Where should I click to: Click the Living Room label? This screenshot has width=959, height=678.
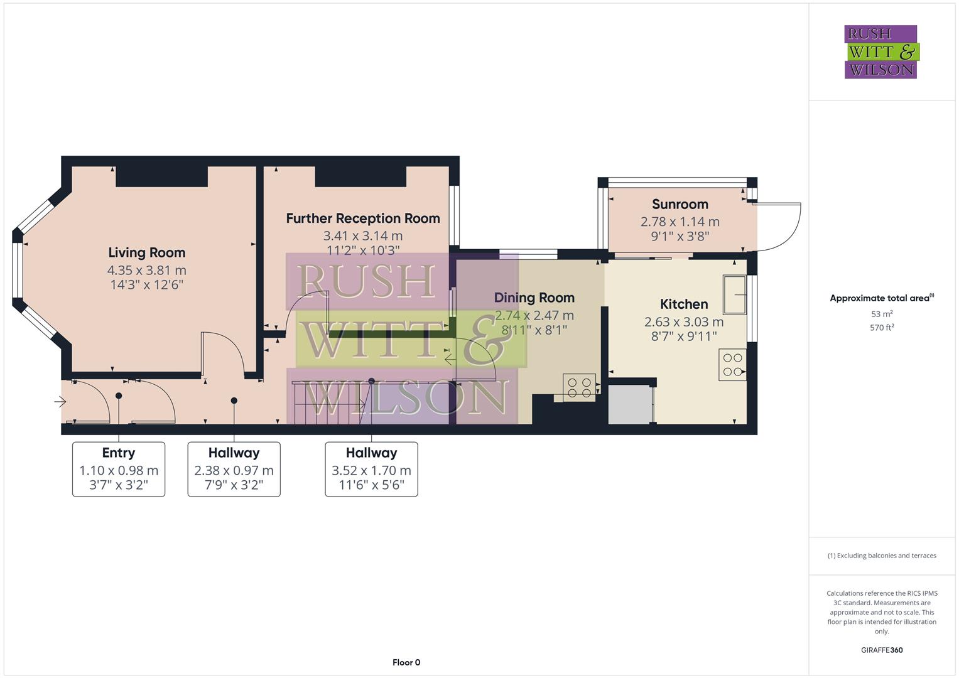tap(146, 253)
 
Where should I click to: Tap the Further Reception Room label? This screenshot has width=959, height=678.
tap(362, 218)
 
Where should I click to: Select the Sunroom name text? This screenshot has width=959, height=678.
tap(680, 204)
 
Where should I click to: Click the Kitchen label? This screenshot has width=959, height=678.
tap(683, 304)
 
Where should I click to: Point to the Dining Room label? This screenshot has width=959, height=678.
tap(534, 298)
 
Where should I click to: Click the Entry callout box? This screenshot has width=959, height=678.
tap(119, 469)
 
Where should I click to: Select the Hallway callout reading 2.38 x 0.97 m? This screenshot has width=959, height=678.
tap(234, 469)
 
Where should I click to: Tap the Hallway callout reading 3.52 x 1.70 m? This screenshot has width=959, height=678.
tap(371, 469)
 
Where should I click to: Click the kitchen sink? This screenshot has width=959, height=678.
tap(734, 294)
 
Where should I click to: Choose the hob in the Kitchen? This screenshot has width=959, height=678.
tap(732, 365)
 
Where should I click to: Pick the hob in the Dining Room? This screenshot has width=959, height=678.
tap(579, 387)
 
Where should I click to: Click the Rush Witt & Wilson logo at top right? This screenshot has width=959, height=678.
tap(881, 52)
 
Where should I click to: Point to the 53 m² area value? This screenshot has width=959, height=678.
tap(882, 314)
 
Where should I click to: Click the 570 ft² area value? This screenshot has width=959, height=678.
tap(882, 328)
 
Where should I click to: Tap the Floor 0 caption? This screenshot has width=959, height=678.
tap(406, 662)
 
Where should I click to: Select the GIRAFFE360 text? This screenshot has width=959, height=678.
tap(882, 650)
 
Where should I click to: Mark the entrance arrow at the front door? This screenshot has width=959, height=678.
tap(60, 401)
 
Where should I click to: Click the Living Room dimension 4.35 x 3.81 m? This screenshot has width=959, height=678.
tap(146, 271)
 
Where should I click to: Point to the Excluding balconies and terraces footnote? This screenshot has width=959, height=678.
tap(882, 556)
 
